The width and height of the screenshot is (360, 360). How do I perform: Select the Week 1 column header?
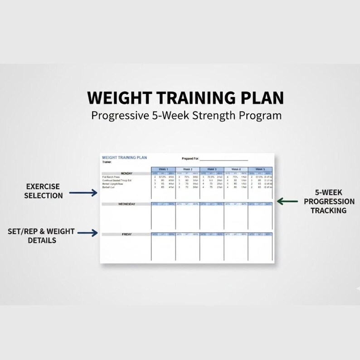(163, 169)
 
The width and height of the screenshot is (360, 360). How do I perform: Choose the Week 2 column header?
(187, 169)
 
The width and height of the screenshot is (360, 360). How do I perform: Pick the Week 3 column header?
(212, 169)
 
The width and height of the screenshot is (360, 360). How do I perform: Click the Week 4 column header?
(236, 169)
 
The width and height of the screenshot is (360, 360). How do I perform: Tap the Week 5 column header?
(260, 169)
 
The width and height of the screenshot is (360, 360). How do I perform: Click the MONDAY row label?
(126, 173)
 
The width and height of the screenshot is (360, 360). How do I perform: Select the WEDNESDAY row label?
(126, 204)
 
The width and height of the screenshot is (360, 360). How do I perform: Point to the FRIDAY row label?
(126, 234)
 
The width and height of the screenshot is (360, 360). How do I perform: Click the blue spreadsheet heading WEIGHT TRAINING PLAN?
(124, 158)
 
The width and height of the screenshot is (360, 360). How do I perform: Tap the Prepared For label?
(190, 159)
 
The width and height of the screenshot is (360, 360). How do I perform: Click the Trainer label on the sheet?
(107, 162)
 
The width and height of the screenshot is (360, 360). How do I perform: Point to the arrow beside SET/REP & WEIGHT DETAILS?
(88, 233)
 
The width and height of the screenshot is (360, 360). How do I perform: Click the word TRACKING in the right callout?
(329, 210)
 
